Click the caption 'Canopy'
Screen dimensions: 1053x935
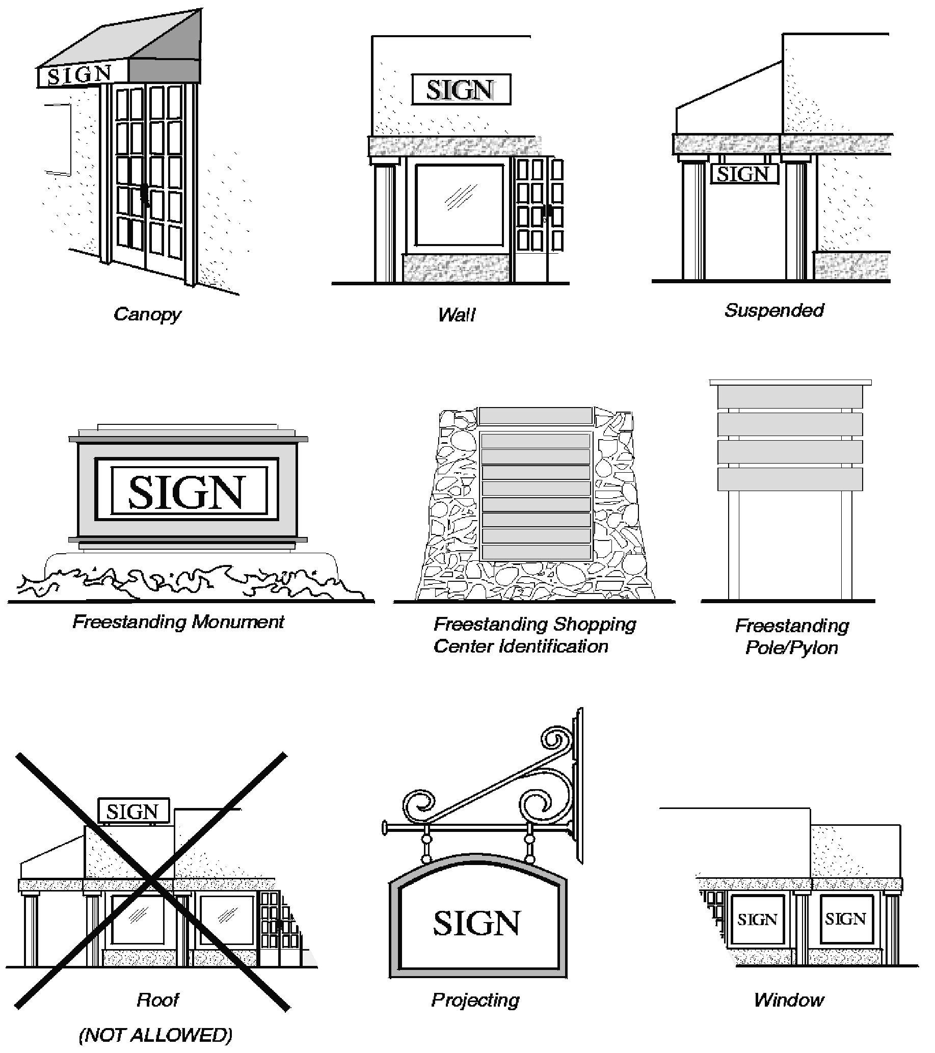(x=147, y=314)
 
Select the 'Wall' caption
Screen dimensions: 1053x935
(x=457, y=314)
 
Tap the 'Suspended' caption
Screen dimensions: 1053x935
(x=774, y=310)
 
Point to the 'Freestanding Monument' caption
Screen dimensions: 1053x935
(x=178, y=622)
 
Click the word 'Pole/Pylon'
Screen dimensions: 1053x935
(x=792, y=647)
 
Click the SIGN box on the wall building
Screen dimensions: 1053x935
(x=461, y=90)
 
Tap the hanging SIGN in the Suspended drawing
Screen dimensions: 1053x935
(x=744, y=174)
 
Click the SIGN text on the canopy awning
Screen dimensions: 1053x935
(x=80, y=76)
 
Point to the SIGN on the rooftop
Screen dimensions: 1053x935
(x=133, y=812)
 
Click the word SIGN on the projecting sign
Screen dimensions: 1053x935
(x=476, y=923)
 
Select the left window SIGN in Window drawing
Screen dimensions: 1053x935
(x=757, y=919)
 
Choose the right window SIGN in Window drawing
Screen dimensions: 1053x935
(x=845, y=918)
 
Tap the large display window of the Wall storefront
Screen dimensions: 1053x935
(x=459, y=204)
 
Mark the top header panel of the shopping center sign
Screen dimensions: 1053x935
(x=535, y=415)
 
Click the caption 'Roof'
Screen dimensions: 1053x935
(x=157, y=1000)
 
